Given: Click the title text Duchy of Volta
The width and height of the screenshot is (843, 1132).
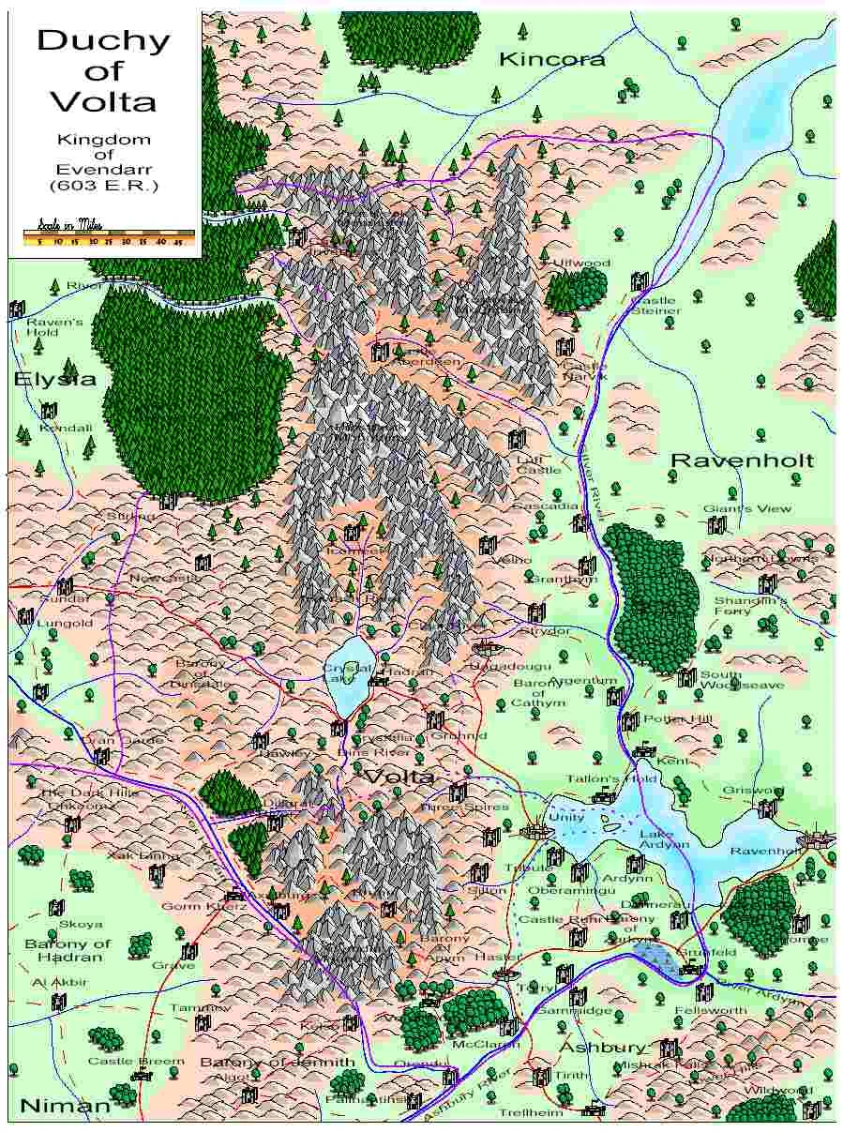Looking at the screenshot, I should click(x=103, y=69).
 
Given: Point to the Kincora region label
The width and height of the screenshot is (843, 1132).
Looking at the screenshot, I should click(x=551, y=59).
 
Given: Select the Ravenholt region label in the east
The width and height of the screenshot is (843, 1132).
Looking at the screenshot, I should click(x=742, y=460).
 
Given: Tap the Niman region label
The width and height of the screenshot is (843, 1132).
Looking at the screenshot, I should click(x=65, y=1106).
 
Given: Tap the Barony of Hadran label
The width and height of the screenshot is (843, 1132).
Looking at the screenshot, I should click(x=68, y=950).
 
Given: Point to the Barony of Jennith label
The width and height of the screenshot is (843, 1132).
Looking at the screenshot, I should click(x=278, y=1062).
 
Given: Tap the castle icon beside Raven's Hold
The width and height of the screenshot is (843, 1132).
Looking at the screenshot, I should click(x=17, y=309).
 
